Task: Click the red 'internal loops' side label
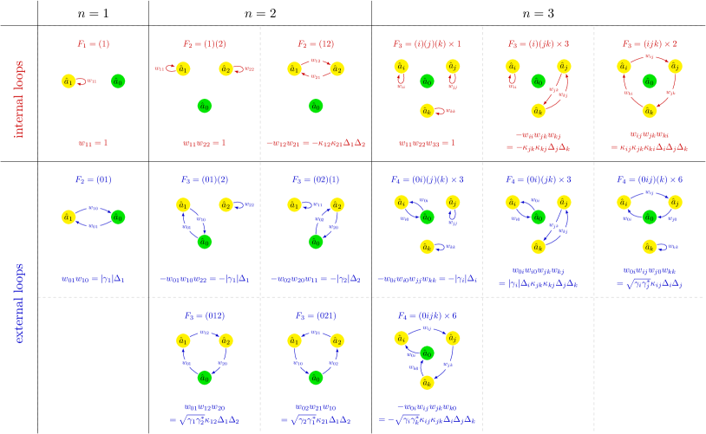pyautogui.click(x=18, y=99)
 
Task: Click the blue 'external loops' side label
pyautogui.click(x=18, y=302)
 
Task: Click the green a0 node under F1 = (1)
pyautogui.click(x=118, y=81)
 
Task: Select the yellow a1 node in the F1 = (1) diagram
pyautogui.click(x=68, y=81)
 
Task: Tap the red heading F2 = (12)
pyautogui.click(x=316, y=42)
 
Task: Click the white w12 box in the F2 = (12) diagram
pyautogui.click(x=316, y=61)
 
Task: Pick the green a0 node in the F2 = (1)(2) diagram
pyautogui.click(x=204, y=106)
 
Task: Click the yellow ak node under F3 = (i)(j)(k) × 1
pyautogui.click(x=426, y=110)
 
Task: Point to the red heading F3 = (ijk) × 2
pyautogui.click(x=650, y=42)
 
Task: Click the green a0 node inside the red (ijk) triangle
pyautogui.click(x=650, y=81)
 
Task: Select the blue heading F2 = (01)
pyautogui.click(x=93, y=179)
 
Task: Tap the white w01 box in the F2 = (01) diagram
pyautogui.click(x=93, y=226)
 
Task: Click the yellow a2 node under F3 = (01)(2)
pyautogui.click(x=226, y=205)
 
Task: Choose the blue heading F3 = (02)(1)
pyautogui.click(x=316, y=179)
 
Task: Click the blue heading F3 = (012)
pyautogui.click(x=204, y=315)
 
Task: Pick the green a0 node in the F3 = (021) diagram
pyautogui.click(x=316, y=378)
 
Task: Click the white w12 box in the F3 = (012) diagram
pyautogui.click(x=204, y=332)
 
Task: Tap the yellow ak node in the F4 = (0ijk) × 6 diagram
pyautogui.click(x=426, y=382)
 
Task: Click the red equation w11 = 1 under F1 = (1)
pyautogui.click(x=93, y=142)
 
